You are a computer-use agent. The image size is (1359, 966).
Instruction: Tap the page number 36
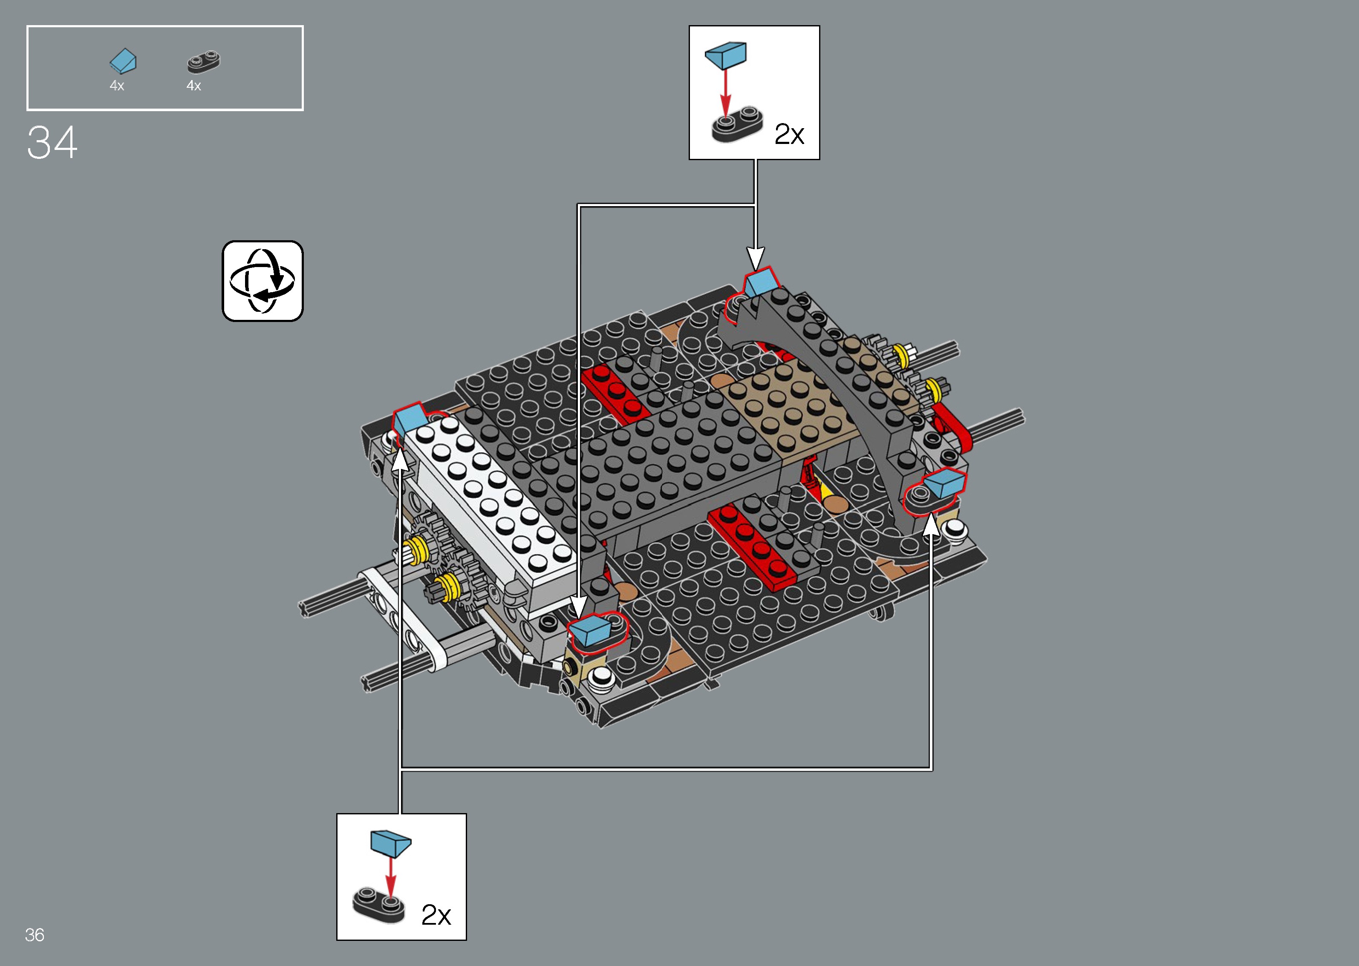(x=35, y=934)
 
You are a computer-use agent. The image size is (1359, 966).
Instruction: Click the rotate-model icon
(x=263, y=281)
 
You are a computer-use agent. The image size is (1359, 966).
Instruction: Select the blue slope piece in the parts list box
(x=123, y=61)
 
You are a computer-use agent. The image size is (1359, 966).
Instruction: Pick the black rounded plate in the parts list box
(x=204, y=62)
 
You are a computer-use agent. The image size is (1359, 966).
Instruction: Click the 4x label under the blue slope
(x=117, y=86)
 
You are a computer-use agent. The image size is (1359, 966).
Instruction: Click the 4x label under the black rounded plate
(x=193, y=86)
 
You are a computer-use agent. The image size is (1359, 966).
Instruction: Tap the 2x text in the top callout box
(x=789, y=135)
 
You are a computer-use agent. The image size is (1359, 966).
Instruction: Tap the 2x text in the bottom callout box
(x=436, y=915)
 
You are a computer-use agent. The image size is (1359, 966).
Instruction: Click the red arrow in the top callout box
(x=725, y=92)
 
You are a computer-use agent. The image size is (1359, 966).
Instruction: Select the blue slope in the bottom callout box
(x=390, y=843)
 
